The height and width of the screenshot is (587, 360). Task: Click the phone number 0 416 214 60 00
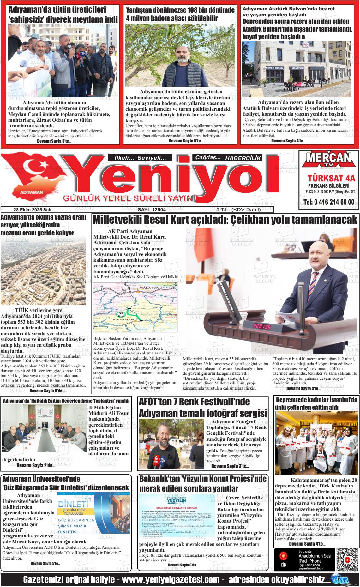point(328,202)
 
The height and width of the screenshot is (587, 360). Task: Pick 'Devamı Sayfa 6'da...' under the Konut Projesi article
point(183,565)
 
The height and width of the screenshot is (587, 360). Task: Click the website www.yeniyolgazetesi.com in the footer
point(171,580)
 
